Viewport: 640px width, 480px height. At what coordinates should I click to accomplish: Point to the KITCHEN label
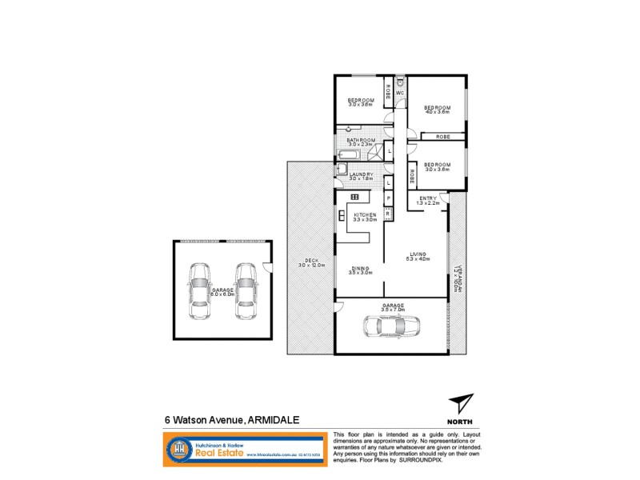coord(365,216)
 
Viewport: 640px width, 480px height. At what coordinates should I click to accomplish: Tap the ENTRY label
coord(428,199)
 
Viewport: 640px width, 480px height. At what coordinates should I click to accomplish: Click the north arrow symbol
coord(460,402)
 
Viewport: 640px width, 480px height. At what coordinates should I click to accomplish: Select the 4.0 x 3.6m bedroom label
coord(438,110)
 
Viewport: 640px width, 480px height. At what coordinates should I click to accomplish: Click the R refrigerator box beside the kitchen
coord(388,214)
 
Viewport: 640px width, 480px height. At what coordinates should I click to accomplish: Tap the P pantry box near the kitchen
coord(388,198)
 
